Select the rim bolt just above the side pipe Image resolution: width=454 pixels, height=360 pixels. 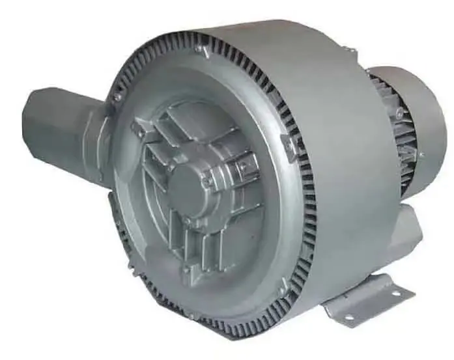117,97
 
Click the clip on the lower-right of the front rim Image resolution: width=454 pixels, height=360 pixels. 283,284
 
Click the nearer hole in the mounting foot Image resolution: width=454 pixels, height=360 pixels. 348,317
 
